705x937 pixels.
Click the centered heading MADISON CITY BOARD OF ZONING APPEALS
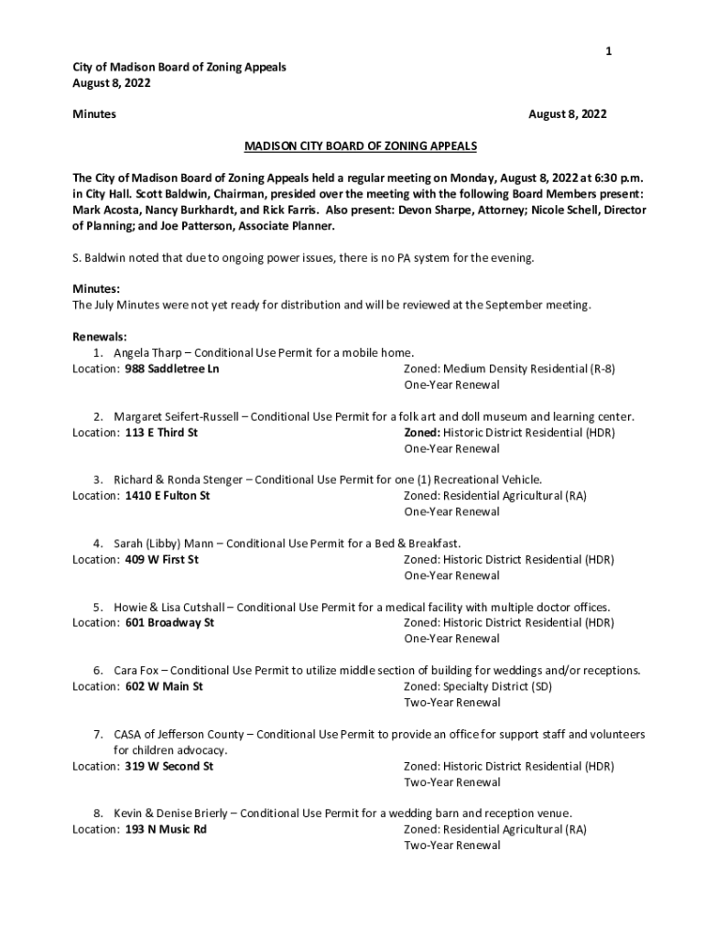click(x=360, y=146)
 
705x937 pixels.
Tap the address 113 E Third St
click(x=161, y=432)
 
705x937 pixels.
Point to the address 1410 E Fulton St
click(x=168, y=495)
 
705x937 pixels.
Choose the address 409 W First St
click(x=162, y=559)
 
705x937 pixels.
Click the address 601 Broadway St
click(x=169, y=622)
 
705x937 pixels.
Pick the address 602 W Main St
click(x=164, y=686)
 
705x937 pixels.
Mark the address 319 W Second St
click(x=169, y=766)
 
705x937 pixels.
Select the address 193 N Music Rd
click(x=166, y=829)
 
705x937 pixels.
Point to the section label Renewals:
click(x=100, y=337)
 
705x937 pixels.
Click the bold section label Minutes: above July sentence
click(x=96, y=289)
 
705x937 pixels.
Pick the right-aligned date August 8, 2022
click(x=568, y=114)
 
